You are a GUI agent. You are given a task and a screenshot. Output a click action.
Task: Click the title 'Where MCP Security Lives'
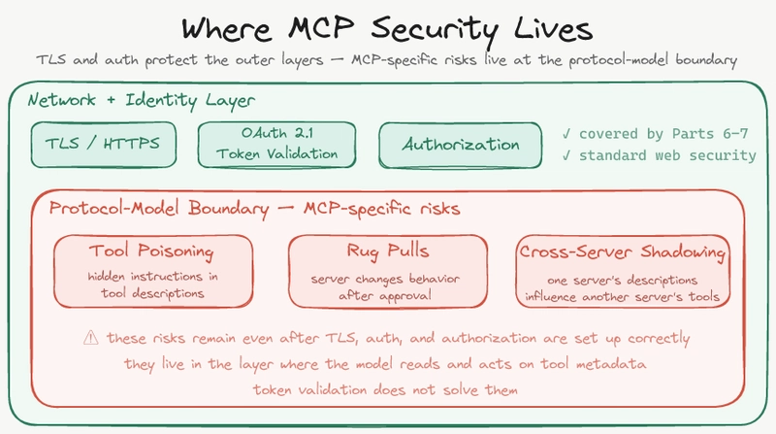pyautogui.click(x=388, y=24)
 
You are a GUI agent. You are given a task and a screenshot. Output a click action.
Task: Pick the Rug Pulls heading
pyautogui.click(x=386, y=252)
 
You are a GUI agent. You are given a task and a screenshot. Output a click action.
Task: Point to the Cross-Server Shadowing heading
pyautogui.click(x=623, y=252)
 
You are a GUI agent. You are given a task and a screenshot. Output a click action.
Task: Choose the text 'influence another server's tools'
pyautogui.click(x=623, y=296)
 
